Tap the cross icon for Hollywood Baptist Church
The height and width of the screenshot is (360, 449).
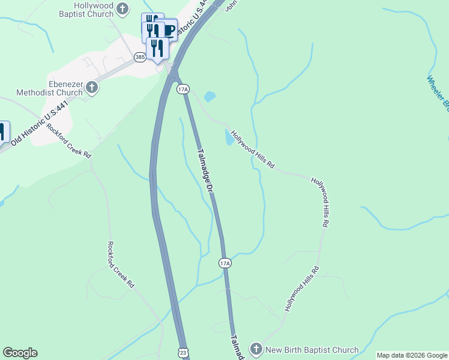tap(122, 8)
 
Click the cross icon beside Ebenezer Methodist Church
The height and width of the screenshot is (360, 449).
tap(92, 88)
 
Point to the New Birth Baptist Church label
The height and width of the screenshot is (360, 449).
tap(312, 350)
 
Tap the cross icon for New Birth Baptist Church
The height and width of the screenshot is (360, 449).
tap(256, 349)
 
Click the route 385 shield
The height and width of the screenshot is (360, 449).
tap(140, 57)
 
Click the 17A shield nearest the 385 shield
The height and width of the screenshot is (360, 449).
tap(183, 89)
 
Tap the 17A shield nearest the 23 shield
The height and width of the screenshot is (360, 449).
tap(224, 263)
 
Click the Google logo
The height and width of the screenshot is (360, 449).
tap(20, 353)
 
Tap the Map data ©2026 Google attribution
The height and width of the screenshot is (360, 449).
tap(412, 355)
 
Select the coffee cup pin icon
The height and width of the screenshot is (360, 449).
tap(169, 30)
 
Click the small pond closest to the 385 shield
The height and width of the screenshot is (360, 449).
tap(209, 96)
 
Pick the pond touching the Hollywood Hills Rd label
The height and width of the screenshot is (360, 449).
tap(229, 138)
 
